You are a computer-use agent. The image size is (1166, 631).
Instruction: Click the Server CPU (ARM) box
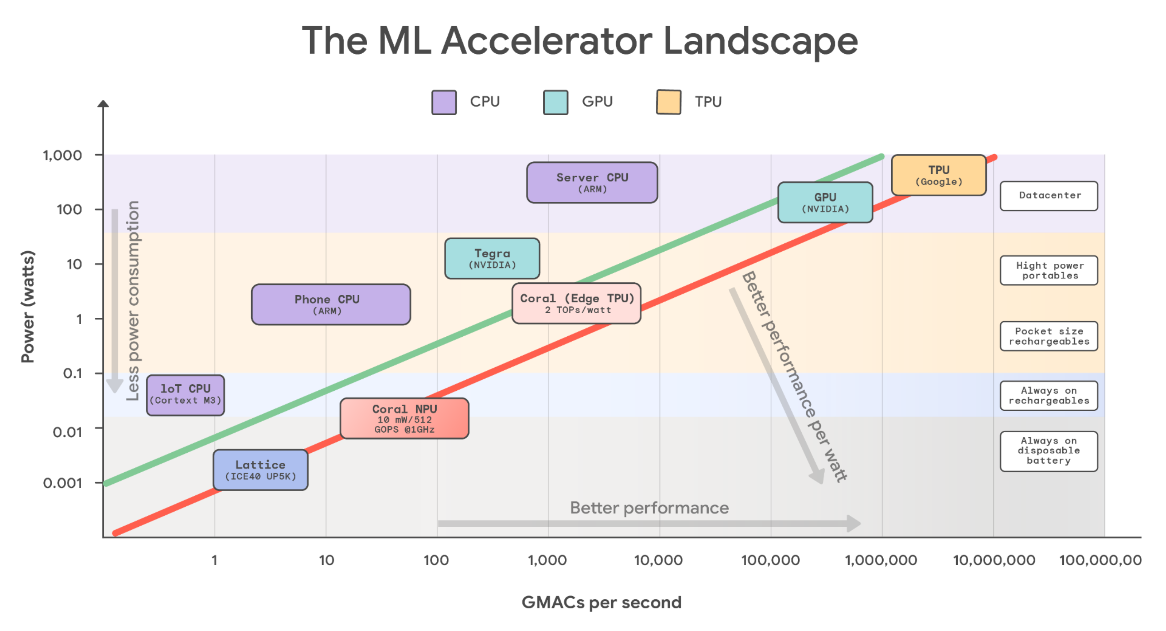[592, 182]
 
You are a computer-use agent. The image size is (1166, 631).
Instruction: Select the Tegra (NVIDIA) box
[492, 258]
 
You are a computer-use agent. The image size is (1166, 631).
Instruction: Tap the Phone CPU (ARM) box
[331, 304]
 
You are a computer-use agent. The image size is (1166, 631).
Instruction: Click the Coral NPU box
[404, 418]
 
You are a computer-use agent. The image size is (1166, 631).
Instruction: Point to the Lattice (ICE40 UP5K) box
[260, 470]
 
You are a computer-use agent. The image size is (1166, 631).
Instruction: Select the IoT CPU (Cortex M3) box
[185, 395]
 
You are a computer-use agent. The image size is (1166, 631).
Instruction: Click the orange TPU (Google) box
[938, 175]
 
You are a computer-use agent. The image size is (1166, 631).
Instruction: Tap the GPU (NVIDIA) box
[825, 202]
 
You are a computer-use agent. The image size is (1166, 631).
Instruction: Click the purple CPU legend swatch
[444, 102]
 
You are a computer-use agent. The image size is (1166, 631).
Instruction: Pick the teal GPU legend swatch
[555, 102]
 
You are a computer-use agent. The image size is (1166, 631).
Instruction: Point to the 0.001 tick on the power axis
[62, 483]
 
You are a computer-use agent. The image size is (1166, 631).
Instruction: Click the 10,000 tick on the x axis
[659, 560]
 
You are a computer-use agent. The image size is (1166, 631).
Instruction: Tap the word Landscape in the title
[760, 41]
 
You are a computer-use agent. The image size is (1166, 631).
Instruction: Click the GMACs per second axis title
[601, 602]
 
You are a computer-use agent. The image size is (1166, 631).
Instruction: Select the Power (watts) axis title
[28, 307]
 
